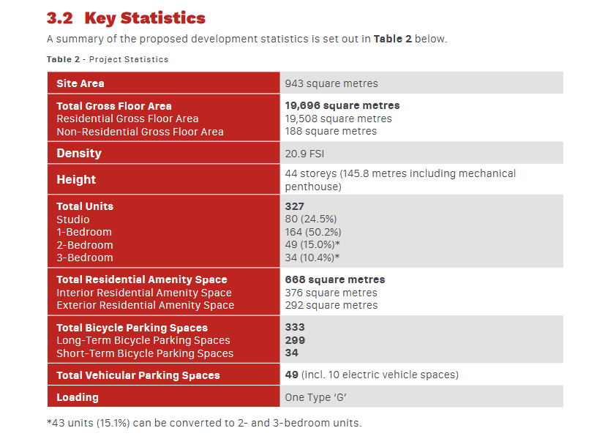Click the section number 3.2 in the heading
point(60,18)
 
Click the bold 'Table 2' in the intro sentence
point(392,39)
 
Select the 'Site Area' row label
point(80,83)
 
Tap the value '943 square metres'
point(331,83)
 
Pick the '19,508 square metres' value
point(338,119)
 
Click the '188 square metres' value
point(331,131)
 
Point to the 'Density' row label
point(79,153)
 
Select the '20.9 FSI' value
point(304,154)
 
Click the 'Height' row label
point(76,179)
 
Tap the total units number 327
point(295,206)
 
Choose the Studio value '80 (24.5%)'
point(311,219)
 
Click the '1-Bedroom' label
point(84,232)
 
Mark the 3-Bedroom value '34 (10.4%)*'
point(312,258)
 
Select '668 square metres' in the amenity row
point(335,279)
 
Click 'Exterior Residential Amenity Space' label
point(146,306)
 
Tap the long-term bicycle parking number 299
point(295,340)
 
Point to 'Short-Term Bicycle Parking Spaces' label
point(145,353)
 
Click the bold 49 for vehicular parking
point(292,375)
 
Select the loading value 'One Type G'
point(315,397)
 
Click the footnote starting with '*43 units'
point(204,423)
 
